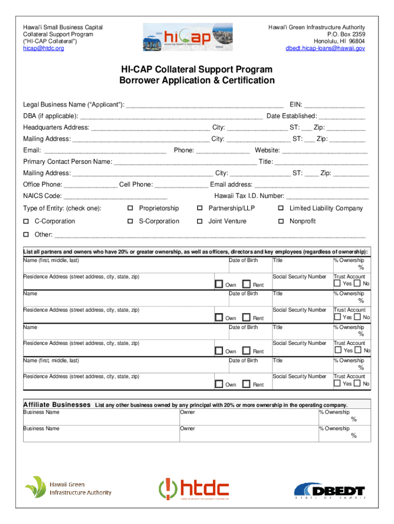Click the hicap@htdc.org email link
point(43,49)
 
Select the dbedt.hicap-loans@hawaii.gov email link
point(325,49)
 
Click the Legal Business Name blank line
point(205,105)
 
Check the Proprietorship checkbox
point(130,208)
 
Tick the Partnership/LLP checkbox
point(200,208)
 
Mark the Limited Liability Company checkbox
point(281,208)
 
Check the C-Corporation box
point(26,222)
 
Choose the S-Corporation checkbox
point(130,222)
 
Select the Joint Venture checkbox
point(200,222)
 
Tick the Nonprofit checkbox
point(281,222)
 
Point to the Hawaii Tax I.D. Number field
point(327,197)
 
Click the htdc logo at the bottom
point(194,489)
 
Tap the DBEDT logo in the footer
point(331,490)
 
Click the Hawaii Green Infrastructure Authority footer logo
point(69,488)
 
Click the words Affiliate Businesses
point(57,405)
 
